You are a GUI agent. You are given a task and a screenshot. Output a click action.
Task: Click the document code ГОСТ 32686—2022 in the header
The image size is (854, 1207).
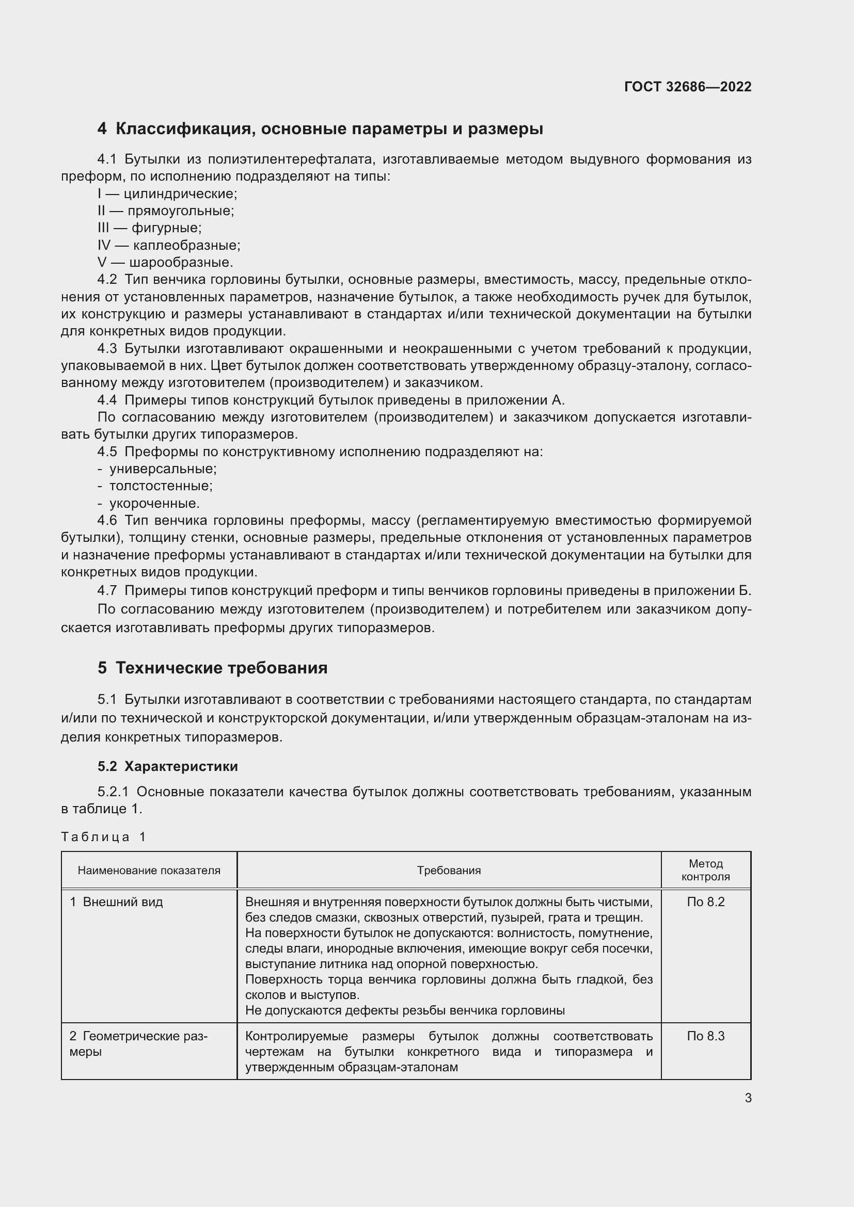[x=687, y=87]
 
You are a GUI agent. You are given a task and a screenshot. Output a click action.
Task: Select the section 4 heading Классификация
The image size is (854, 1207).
[x=320, y=129]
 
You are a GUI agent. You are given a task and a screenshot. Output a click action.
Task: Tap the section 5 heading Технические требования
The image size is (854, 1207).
[x=212, y=668]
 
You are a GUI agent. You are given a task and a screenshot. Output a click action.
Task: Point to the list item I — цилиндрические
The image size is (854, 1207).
[x=167, y=194]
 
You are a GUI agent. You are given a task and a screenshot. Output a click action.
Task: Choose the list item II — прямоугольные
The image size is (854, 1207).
[x=166, y=211]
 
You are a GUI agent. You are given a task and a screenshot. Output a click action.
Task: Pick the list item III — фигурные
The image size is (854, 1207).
[x=149, y=228]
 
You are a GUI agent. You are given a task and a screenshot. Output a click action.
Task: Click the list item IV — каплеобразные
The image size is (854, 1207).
[x=169, y=245]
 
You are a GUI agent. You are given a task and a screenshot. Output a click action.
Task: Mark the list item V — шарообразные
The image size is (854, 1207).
[x=165, y=262]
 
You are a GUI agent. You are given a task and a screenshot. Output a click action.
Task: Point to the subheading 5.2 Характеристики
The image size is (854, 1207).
[x=167, y=766]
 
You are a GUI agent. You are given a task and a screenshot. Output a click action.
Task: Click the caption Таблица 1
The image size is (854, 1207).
[x=103, y=837]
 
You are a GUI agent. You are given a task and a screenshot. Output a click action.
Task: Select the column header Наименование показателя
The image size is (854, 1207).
[x=149, y=870]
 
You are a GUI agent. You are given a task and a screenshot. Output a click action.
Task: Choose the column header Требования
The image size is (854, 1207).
[x=449, y=870]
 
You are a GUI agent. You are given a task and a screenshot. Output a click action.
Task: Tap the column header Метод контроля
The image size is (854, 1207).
[x=705, y=870]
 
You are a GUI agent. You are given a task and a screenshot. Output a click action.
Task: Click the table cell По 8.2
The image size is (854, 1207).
[x=705, y=902]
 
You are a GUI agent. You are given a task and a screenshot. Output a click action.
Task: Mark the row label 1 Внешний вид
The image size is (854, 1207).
[x=116, y=902]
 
